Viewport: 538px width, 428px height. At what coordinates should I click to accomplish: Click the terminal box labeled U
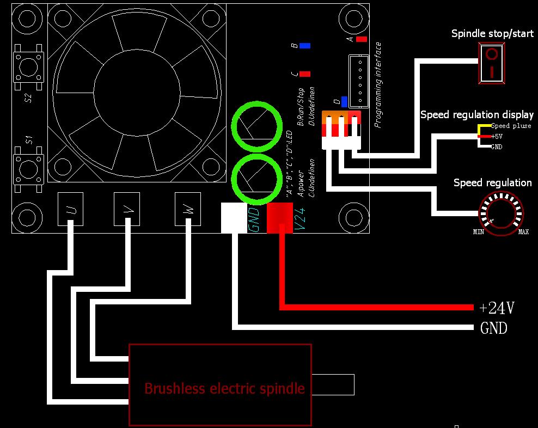click(x=71, y=209)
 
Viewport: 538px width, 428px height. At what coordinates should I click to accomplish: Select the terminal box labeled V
click(x=127, y=209)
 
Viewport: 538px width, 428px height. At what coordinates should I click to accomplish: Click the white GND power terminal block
click(x=234, y=218)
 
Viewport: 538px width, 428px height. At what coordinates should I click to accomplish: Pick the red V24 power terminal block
click(x=280, y=218)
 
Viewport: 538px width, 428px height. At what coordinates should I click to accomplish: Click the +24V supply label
click(x=497, y=308)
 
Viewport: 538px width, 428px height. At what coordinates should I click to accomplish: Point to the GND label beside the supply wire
click(x=494, y=328)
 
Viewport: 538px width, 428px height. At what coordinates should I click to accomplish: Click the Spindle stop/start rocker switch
click(x=492, y=64)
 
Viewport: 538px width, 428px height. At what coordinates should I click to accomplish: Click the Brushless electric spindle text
click(x=224, y=388)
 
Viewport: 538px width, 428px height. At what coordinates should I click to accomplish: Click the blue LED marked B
click(x=305, y=46)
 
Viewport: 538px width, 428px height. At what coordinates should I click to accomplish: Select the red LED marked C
click(x=305, y=74)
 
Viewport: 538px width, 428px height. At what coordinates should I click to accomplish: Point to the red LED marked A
click(x=362, y=39)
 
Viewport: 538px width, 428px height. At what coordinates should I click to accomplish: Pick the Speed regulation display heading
click(x=477, y=115)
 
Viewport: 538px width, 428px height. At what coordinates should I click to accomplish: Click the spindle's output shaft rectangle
click(x=333, y=384)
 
